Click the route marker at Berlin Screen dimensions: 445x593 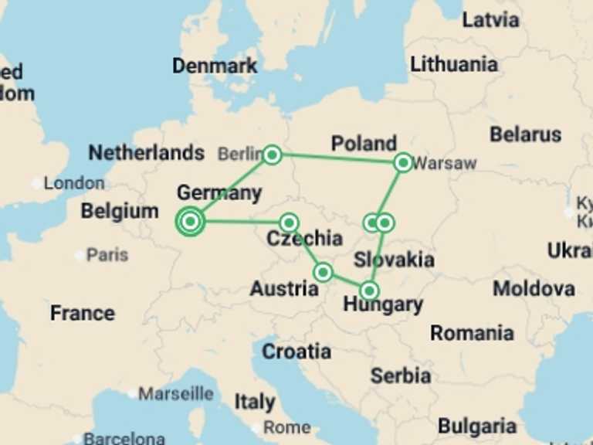click(x=271, y=155)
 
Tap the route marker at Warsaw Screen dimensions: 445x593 click(x=403, y=162)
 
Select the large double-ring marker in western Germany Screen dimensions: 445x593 click(x=190, y=222)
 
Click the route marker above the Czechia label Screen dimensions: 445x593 click(x=289, y=223)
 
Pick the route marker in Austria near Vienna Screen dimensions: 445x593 click(x=324, y=272)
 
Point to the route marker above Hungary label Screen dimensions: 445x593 click(x=370, y=290)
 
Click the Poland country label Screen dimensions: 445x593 click(x=364, y=143)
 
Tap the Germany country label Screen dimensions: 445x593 click(x=219, y=192)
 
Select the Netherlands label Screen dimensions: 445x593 click(x=146, y=152)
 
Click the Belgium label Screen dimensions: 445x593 click(x=120, y=211)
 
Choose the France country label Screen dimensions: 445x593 click(x=82, y=313)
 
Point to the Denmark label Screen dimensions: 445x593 click(x=215, y=66)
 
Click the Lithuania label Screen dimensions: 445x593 click(x=454, y=64)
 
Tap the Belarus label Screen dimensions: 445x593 click(x=525, y=134)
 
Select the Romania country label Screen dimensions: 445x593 click(x=472, y=333)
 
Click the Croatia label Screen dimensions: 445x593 click(x=296, y=352)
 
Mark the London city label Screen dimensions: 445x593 click(x=73, y=183)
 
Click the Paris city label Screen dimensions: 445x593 click(x=107, y=254)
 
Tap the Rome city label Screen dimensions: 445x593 click(x=286, y=427)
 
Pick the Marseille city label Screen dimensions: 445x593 click(x=175, y=394)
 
